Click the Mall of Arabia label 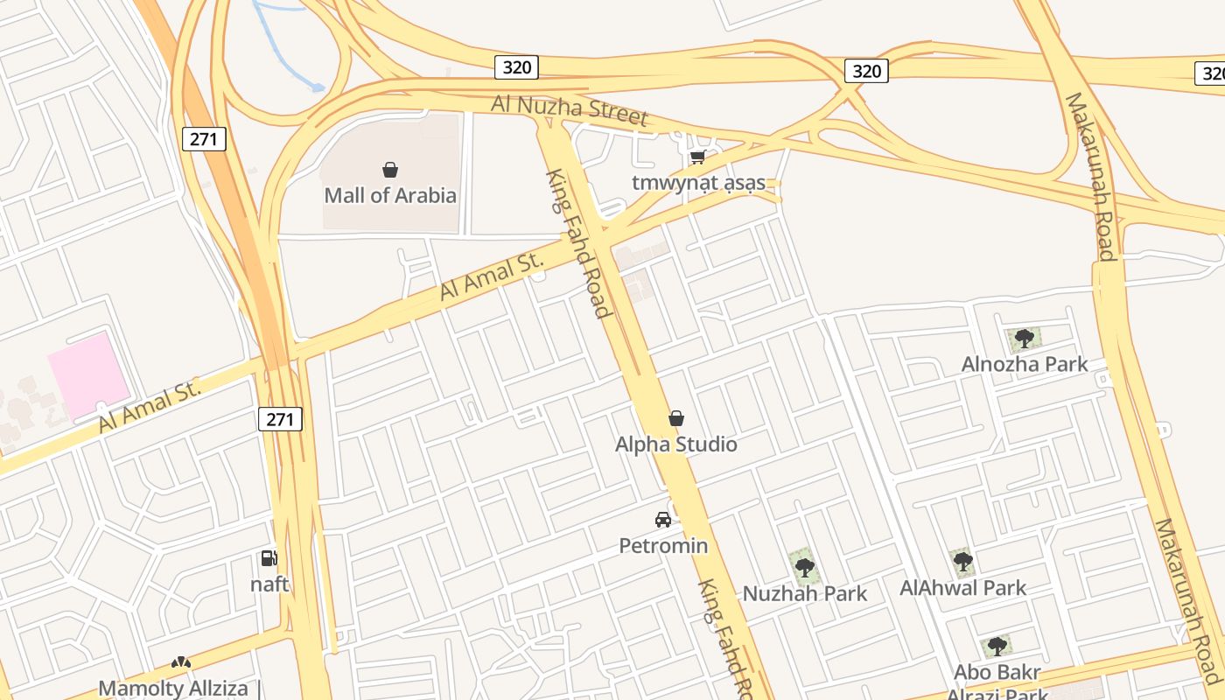coord(390,195)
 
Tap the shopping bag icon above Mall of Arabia coord(390,170)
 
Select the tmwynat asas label coord(698,183)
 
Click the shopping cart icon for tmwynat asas coord(697,157)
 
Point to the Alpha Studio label coord(675,444)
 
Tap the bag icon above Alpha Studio coord(675,419)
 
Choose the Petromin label coord(663,546)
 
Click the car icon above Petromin coord(663,520)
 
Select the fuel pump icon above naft coord(269,558)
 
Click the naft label coord(269,584)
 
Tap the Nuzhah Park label coord(805,594)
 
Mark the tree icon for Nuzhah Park coord(804,568)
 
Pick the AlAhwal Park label coord(962,588)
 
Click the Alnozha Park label coord(1025,364)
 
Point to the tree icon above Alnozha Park coord(1025,339)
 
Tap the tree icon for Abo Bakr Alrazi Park coord(997,647)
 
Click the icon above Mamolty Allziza coord(181,663)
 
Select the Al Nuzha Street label coord(569,109)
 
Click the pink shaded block coord(89,374)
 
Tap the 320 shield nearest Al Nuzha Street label coord(516,67)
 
